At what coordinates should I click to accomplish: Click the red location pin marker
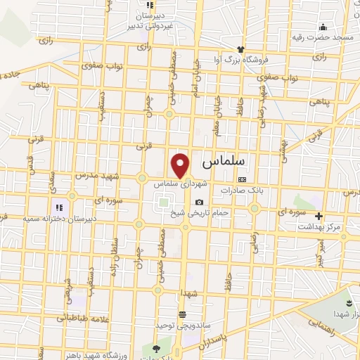pyautogui.click(x=181, y=165)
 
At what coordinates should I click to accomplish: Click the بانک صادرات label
pyautogui.click(x=243, y=190)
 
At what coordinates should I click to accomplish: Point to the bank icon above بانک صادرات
pyautogui.click(x=243, y=179)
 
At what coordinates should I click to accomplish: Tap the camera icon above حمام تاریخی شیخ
pyautogui.click(x=199, y=202)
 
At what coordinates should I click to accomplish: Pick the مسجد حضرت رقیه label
pyautogui.click(x=330, y=36)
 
